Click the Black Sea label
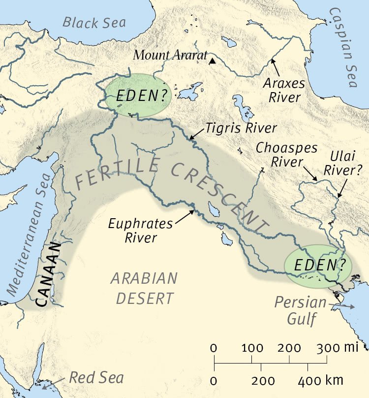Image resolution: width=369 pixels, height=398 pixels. [94, 22]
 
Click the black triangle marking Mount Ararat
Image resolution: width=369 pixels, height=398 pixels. [212, 62]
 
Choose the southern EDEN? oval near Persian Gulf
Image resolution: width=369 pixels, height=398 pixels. [318, 266]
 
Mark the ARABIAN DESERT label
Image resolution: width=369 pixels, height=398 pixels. [143, 288]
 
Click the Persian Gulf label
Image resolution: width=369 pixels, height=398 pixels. [301, 310]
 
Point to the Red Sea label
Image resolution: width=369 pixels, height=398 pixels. [96, 378]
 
